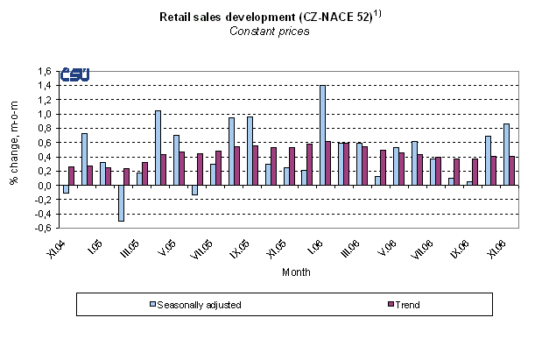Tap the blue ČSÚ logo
[74, 76]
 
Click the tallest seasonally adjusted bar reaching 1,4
[323, 135]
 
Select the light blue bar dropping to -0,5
[121, 202]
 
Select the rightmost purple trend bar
[512, 170]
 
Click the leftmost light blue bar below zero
[65, 188]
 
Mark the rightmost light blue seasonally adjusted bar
[505, 154]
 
